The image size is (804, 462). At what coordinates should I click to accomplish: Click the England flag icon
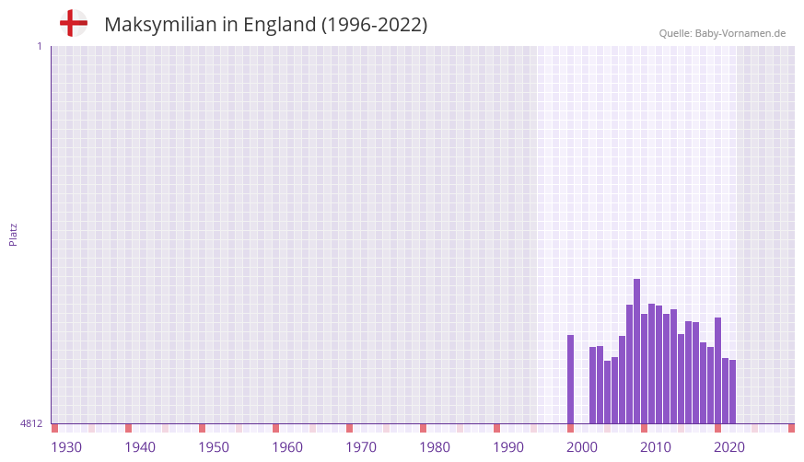[x=73, y=23]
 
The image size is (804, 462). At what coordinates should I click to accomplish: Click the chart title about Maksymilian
[x=265, y=25]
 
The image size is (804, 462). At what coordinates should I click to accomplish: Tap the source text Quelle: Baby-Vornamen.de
[x=722, y=33]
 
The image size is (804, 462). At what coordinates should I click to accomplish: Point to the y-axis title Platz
[x=13, y=234]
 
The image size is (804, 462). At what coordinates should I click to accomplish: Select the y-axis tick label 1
[x=39, y=46]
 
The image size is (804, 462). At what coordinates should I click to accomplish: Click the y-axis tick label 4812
[x=31, y=423]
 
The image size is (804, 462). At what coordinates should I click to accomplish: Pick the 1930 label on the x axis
[x=66, y=447]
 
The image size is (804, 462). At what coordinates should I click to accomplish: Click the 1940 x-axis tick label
[x=140, y=447]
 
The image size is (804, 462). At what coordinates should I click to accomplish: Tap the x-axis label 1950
[x=214, y=447]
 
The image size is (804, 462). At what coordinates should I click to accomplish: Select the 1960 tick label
[x=287, y=447]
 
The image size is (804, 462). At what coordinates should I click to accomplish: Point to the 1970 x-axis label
[x=361, y=447]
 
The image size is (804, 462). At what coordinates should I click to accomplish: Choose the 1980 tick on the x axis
[x=435, y=447]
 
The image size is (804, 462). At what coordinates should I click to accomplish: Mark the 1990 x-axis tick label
[x=508, y=447]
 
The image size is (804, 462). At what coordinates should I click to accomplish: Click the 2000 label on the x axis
[x=582, y=447]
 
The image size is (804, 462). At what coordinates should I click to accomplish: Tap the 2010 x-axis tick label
[x=656, y=447]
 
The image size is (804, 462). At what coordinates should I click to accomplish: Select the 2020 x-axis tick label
[x=729, y=447]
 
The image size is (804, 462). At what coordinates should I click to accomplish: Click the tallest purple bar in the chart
[x=636, y=350]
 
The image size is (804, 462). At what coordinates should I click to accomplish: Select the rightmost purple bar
[x=732, y=392]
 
